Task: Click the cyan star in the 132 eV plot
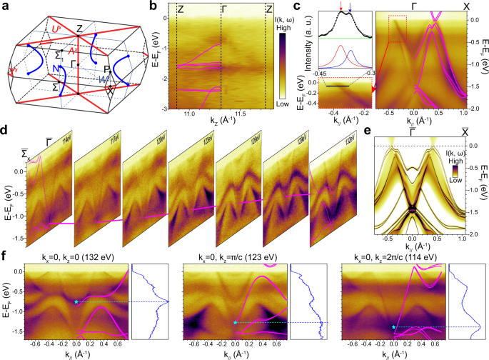[x=76, y=302]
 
